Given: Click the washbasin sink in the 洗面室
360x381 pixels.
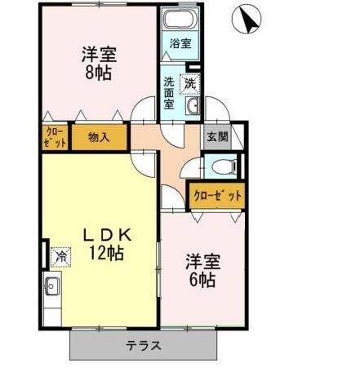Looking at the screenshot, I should (x=193, y=107).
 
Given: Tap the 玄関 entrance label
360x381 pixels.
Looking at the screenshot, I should (x=216, y=137).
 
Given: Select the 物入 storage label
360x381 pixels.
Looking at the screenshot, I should (x=100, y=137).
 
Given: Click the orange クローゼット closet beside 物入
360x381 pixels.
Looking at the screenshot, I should (x=55, y=136).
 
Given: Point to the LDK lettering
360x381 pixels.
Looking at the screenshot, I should (x=105, y=235).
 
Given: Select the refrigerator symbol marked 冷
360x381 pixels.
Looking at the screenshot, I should (x=61, y=256).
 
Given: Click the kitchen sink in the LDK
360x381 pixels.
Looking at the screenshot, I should (x=52, y=287).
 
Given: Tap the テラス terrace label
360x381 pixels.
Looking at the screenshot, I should (x=143, y=344).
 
